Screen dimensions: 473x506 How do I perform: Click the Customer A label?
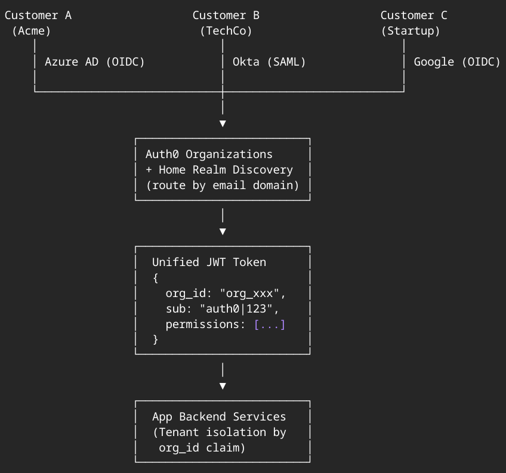[38, 16]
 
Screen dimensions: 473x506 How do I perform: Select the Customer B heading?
[226, 16]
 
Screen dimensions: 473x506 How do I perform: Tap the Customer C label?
[414, 16]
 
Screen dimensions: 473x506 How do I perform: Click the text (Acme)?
[32, 31]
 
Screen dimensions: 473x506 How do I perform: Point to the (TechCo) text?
[226, 31]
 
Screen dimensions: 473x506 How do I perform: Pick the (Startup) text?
[411, 31]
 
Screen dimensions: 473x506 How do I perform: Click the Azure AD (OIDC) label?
[95, 61]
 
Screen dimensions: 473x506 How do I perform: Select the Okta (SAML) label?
[269, 61]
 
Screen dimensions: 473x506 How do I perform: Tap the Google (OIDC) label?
[457, 61]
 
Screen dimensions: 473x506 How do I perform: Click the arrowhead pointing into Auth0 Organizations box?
[223, 123]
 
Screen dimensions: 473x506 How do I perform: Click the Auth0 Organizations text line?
[209, 154]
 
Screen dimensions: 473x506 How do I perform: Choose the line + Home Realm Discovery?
[219, 169]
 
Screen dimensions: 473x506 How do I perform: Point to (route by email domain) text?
[223, 185]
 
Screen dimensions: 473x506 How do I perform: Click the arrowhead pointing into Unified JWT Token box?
[223, 231]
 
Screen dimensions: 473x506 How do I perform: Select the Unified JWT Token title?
[209, 262]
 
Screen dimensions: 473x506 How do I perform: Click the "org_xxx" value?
[253, 293]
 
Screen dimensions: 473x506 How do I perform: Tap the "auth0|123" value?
[239, 309]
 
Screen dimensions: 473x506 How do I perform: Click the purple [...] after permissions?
[270, 324]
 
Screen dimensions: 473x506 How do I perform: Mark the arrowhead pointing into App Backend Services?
[223, 386]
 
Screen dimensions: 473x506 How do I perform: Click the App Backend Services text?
[219, 417]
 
